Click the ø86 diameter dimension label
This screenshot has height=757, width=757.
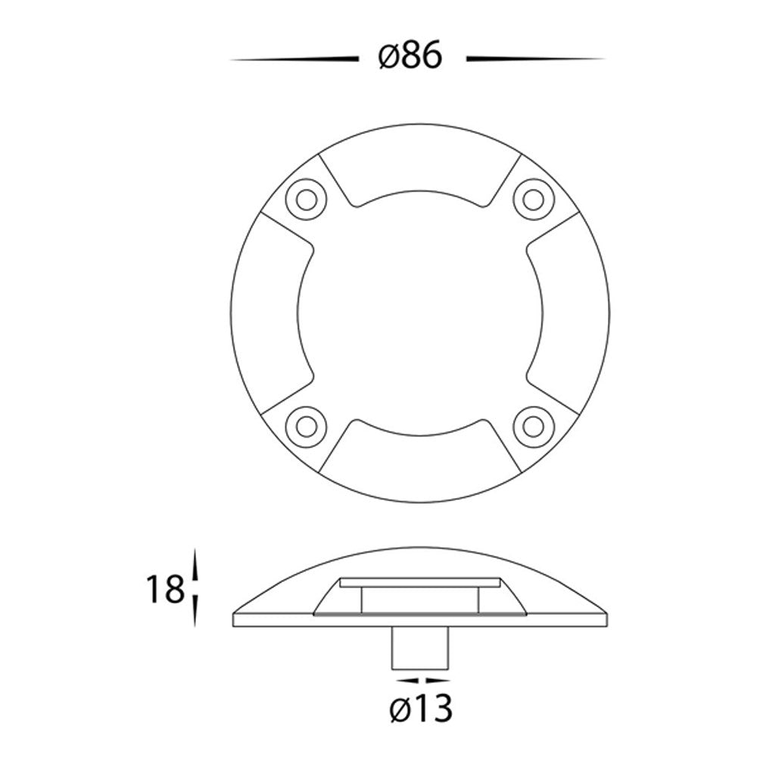pyautogui.click(x=410, y=56)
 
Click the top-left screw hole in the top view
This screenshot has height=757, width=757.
pyautogui.click(x=306, y=199)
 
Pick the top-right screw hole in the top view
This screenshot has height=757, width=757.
pyautogui.click(x=534, y=199)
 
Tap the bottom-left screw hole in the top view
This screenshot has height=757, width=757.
pyautogui.click(x=306, y=426)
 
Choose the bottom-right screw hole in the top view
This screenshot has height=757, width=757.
pyautogui.click(x=534, y=426)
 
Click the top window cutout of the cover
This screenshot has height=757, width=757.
pyautogui.click(x=420, y=164)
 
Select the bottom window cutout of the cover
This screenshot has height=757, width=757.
pyautogui.click(x=420, y=461)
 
